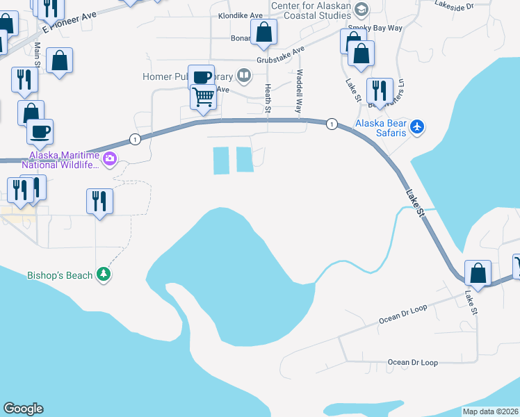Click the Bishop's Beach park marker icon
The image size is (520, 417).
coord(104,275)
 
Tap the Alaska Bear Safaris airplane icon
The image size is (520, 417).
coord(416,126)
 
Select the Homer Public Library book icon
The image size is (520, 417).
coord(243,75)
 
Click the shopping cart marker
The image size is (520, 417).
coord(203,97)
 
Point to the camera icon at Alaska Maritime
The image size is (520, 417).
coord(109,160)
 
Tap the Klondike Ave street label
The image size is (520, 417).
coord(241,15)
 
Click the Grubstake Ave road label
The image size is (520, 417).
coord(281,55)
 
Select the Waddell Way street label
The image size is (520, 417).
coord(299,91)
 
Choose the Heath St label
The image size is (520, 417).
coord(268,98)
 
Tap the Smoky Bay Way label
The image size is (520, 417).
coord(375,28)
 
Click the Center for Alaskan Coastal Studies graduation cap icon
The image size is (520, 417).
coord(361,9)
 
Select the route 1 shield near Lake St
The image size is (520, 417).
coord(332,124)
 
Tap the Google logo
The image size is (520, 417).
coord(23,409)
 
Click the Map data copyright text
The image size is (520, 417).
coord(489,411)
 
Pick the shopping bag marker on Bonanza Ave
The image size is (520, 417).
coord(263,32)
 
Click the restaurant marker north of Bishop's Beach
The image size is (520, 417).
coord(99,202)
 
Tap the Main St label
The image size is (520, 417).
coord(38,55)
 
